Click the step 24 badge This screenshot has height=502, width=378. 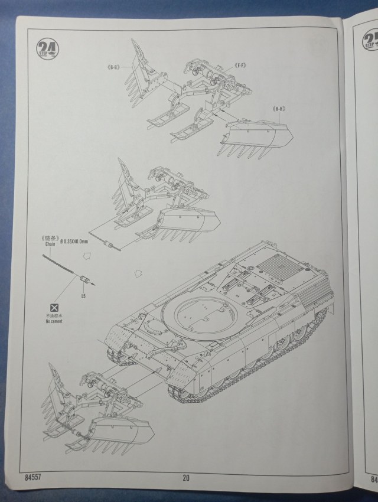click(x=44, y=48)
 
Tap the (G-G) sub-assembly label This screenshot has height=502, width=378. click(x=113, y=68)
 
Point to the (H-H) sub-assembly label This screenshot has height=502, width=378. click(x=279, y=109)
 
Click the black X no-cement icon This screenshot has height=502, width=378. click(x=54, y=308)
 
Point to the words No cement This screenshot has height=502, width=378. click(x=54, y=322)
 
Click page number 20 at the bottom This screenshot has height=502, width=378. click(x=185, y=478)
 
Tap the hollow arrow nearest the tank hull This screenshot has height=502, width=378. click(x=139, y=273)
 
